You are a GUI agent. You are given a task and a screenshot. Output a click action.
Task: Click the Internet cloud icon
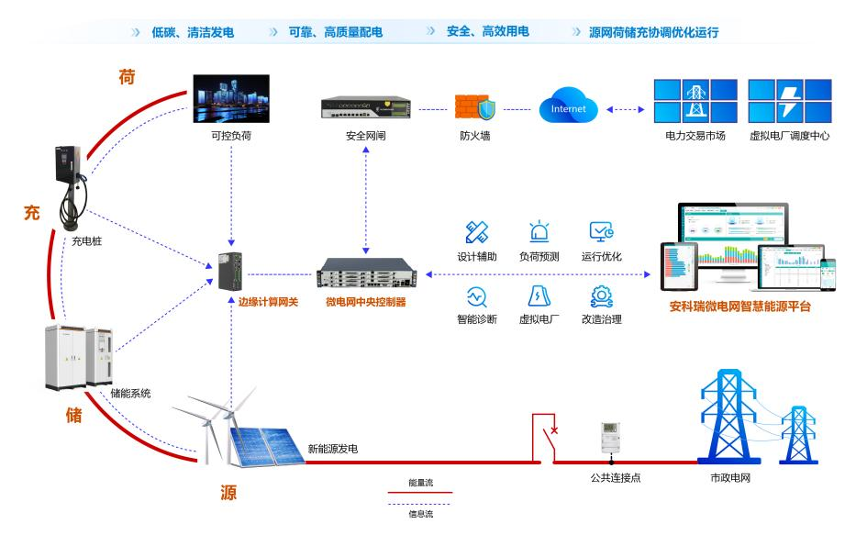tap(569, 108)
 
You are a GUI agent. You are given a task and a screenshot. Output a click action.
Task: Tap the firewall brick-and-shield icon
tap(476, 107)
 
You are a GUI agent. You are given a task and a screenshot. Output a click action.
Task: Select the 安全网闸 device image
tap(366, 108)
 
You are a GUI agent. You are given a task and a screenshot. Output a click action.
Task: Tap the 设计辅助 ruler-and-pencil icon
tap(476, 231)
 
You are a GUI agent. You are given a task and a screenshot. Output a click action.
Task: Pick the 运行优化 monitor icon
tap(601, 231)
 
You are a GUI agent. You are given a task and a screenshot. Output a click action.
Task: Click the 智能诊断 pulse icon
tap(476, 296)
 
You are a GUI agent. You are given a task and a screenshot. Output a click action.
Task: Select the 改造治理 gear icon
tap(601, 296)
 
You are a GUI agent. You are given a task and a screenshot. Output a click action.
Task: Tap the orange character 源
tap(228, 493)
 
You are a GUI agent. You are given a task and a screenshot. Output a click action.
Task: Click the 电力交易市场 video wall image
tap(695, 102)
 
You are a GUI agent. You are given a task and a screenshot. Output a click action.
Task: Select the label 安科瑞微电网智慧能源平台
tap(739, 307)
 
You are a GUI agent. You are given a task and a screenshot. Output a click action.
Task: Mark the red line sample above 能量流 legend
tap(421, 493)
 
